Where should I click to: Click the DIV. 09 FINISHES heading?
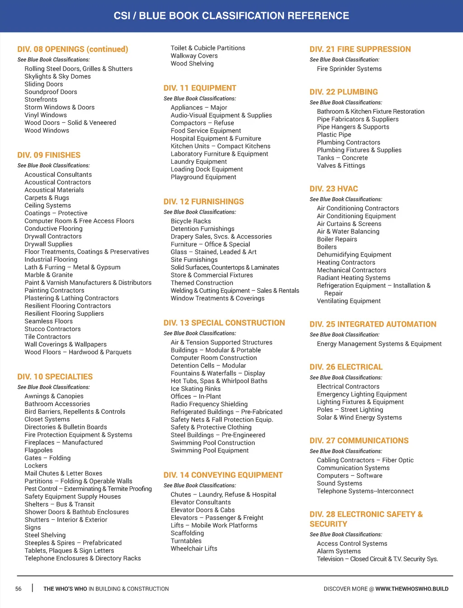[x=49, y=155]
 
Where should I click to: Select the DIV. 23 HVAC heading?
[x=334, y=189]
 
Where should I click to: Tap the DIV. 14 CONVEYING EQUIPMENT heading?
[x=223, y=475]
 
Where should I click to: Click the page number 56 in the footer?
[x=19, y=589]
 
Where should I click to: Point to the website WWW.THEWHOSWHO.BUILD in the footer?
[x=411, y=589]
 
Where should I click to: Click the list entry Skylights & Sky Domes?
[x=57, y=76]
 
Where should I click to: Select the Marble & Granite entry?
[x=48, y=275]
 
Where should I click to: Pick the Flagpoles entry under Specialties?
[x=38, y=450]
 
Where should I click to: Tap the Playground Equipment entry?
[x=203, y=177]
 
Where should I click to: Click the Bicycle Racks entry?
[x=191, y=221]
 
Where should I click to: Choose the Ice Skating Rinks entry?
[x=195, y=389]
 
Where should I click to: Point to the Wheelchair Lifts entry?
[x=194, y=549]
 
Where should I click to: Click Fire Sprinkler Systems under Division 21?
[x=349, y=69]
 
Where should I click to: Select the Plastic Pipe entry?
[x=334, y=135]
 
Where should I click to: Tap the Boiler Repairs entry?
[x=337, y=239]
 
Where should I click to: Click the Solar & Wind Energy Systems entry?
[x=359, y=418]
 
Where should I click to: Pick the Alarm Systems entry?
[x=339, y=551]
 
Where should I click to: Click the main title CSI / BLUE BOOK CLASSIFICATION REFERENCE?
[x=231, y=16]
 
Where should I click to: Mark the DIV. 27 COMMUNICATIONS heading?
[x=359, y=441]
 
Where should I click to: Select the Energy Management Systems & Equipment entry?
[x=379, y=344]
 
